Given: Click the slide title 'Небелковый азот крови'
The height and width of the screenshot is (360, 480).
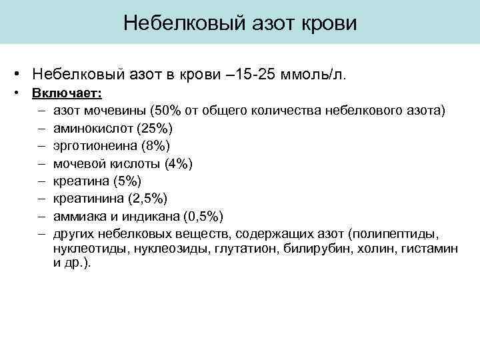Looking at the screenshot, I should [240, 23].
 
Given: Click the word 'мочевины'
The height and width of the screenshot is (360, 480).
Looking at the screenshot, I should [119, 109].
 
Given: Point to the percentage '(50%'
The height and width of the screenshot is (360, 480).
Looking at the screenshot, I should [164, 109].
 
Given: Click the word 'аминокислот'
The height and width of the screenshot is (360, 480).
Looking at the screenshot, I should [89, 127].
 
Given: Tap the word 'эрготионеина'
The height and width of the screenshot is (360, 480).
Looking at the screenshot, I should [93, 145].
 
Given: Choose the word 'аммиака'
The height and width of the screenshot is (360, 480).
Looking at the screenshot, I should [79, 217].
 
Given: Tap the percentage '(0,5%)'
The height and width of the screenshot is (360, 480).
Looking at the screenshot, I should [203, 217].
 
